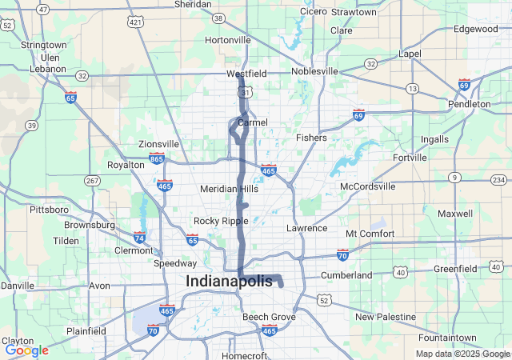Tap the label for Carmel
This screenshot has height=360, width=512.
click(252, 122)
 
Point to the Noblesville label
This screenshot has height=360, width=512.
click(314, 71)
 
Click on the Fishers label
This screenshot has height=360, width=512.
click(311, 138)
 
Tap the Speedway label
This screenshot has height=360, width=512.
click(175, 263)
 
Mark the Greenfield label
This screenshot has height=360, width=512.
click(455, 270)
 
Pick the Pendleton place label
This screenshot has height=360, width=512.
click(470, 104)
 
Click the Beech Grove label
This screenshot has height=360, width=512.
click(269, 318)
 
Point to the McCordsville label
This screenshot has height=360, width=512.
click(368, 186)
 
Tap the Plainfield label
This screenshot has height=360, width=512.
click(86, 331)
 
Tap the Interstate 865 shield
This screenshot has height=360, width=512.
click(157, 158)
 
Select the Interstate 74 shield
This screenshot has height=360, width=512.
click(139, 238)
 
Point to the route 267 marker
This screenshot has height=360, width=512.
click(92, 180)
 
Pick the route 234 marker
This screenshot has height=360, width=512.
click(498, 179)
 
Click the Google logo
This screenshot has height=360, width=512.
click(26, 350)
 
